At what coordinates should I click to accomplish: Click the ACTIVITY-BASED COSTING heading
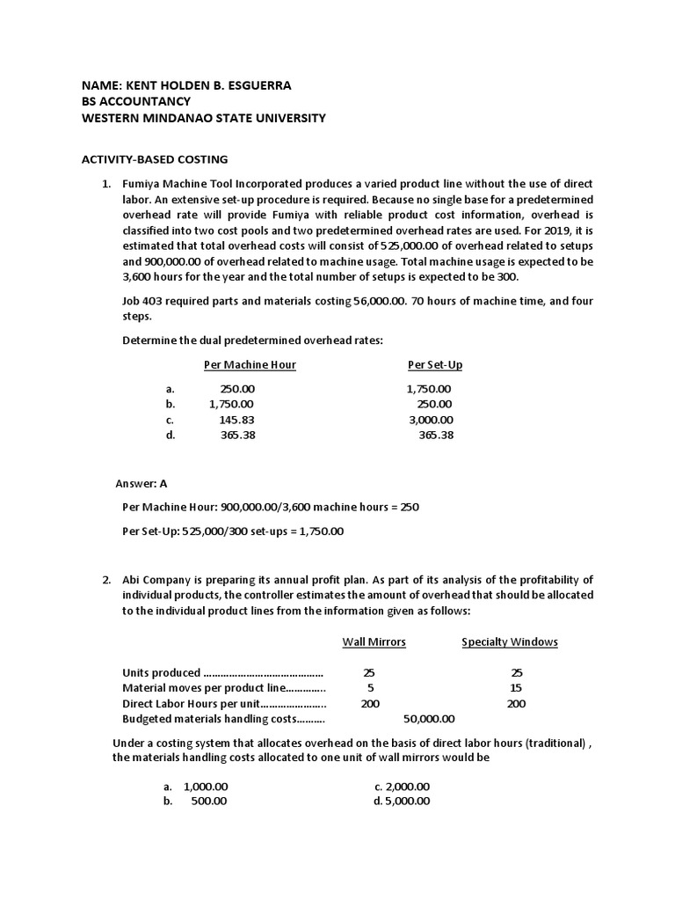(x=154, y=159)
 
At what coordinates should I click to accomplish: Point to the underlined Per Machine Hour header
(x=250, y=365)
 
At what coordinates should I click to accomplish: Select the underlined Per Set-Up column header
(x=434, y=365)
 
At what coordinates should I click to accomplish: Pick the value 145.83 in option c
(x=236, y=420)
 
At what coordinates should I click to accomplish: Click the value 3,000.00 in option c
(x=431, y=420)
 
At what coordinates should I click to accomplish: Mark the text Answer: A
(x=142, y=483)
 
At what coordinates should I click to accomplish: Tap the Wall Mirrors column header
(x=374, y=641)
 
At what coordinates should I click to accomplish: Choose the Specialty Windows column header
(x=510, y=641)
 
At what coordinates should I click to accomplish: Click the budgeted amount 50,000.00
(x=428, y=719)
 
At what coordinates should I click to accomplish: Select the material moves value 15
(x=516, y=688)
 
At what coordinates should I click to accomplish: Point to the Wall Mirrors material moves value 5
(x=370, y=688)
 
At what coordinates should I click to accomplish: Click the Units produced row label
(x=162, y=672)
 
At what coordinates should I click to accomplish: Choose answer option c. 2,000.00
(x=402, y=786)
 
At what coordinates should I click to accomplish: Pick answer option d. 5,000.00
(x=402, y=801)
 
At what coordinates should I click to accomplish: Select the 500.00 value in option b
(x=208, y=801)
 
